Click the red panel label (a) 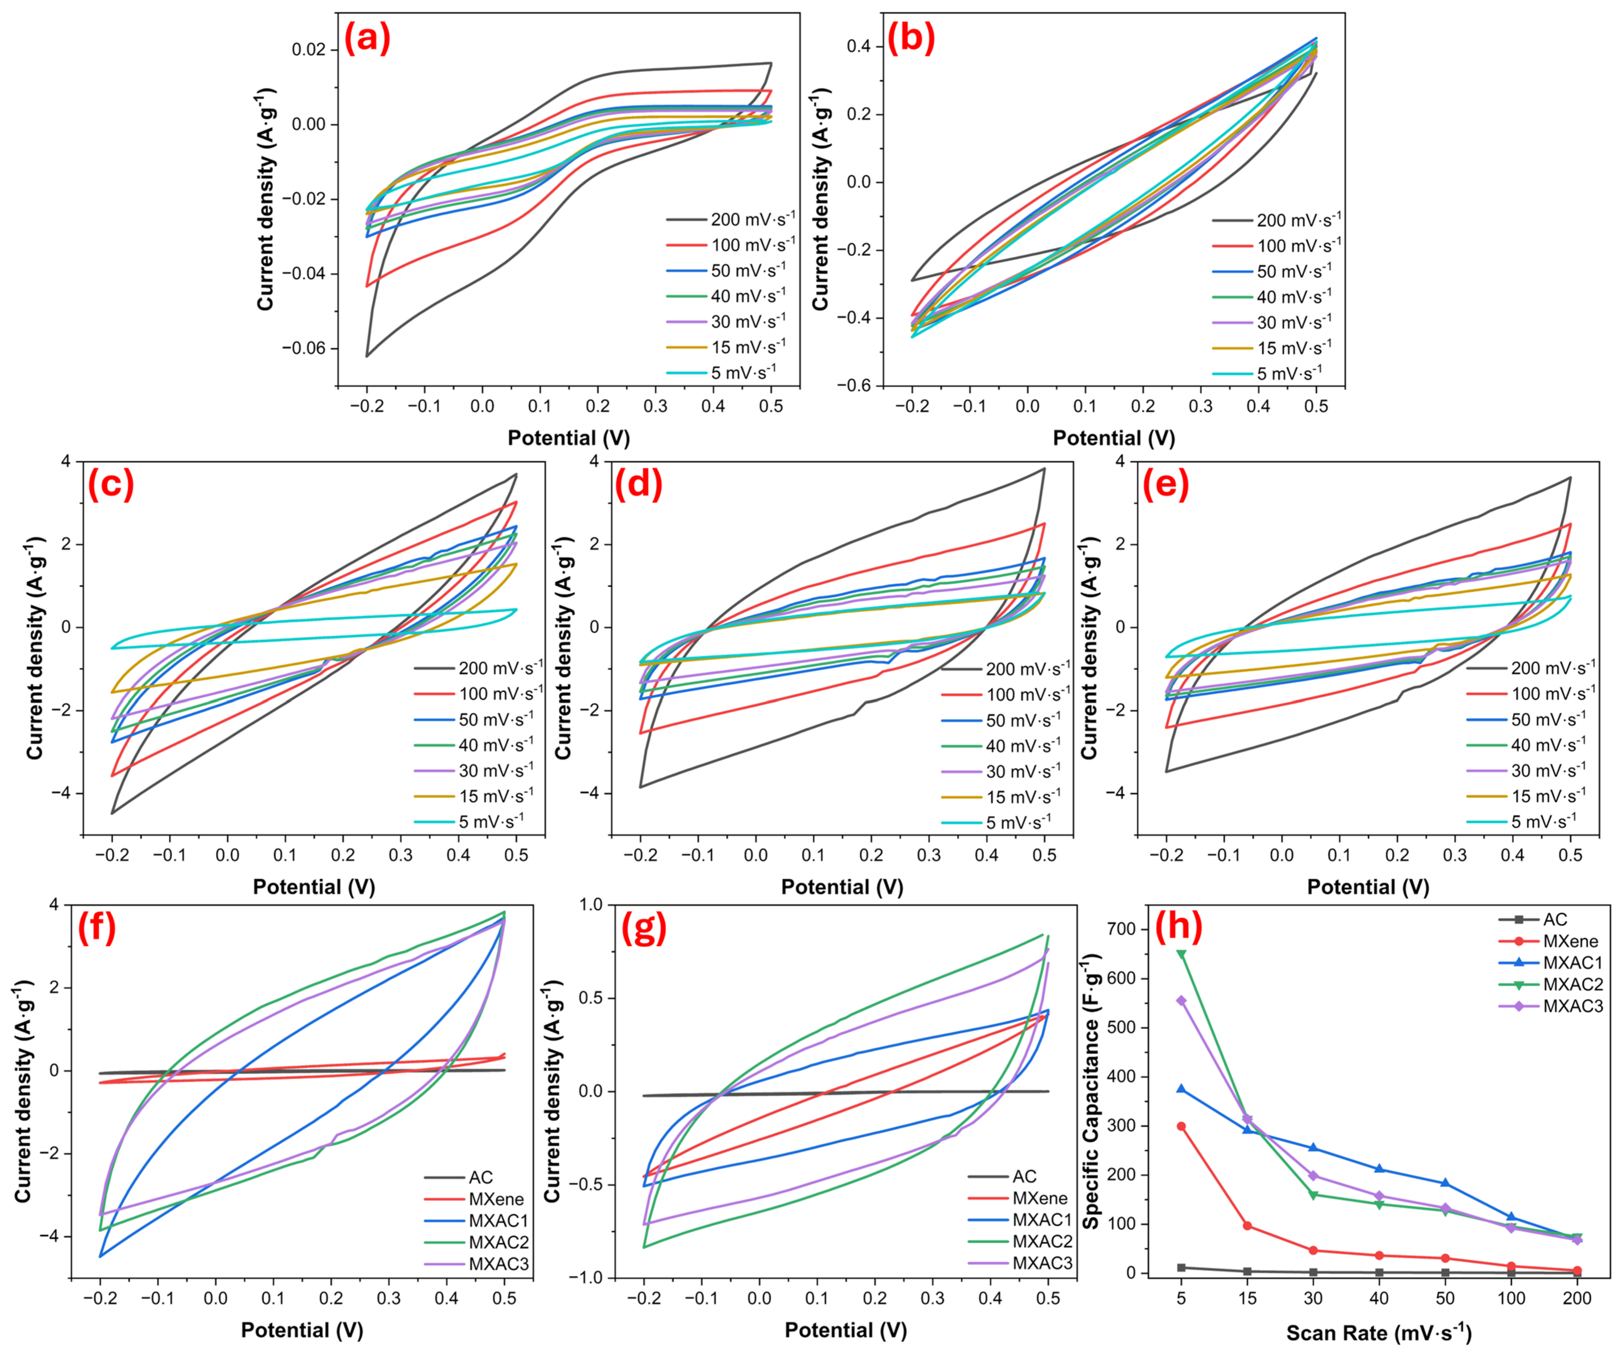tap(367, 38)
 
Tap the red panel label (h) tap(1179, 928)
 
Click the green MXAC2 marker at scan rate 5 tap(1181, 955)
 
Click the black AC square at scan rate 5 tap(1181, 1267)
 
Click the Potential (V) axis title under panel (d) tap(842, 887)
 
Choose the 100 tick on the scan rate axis tap(1511, 1298)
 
